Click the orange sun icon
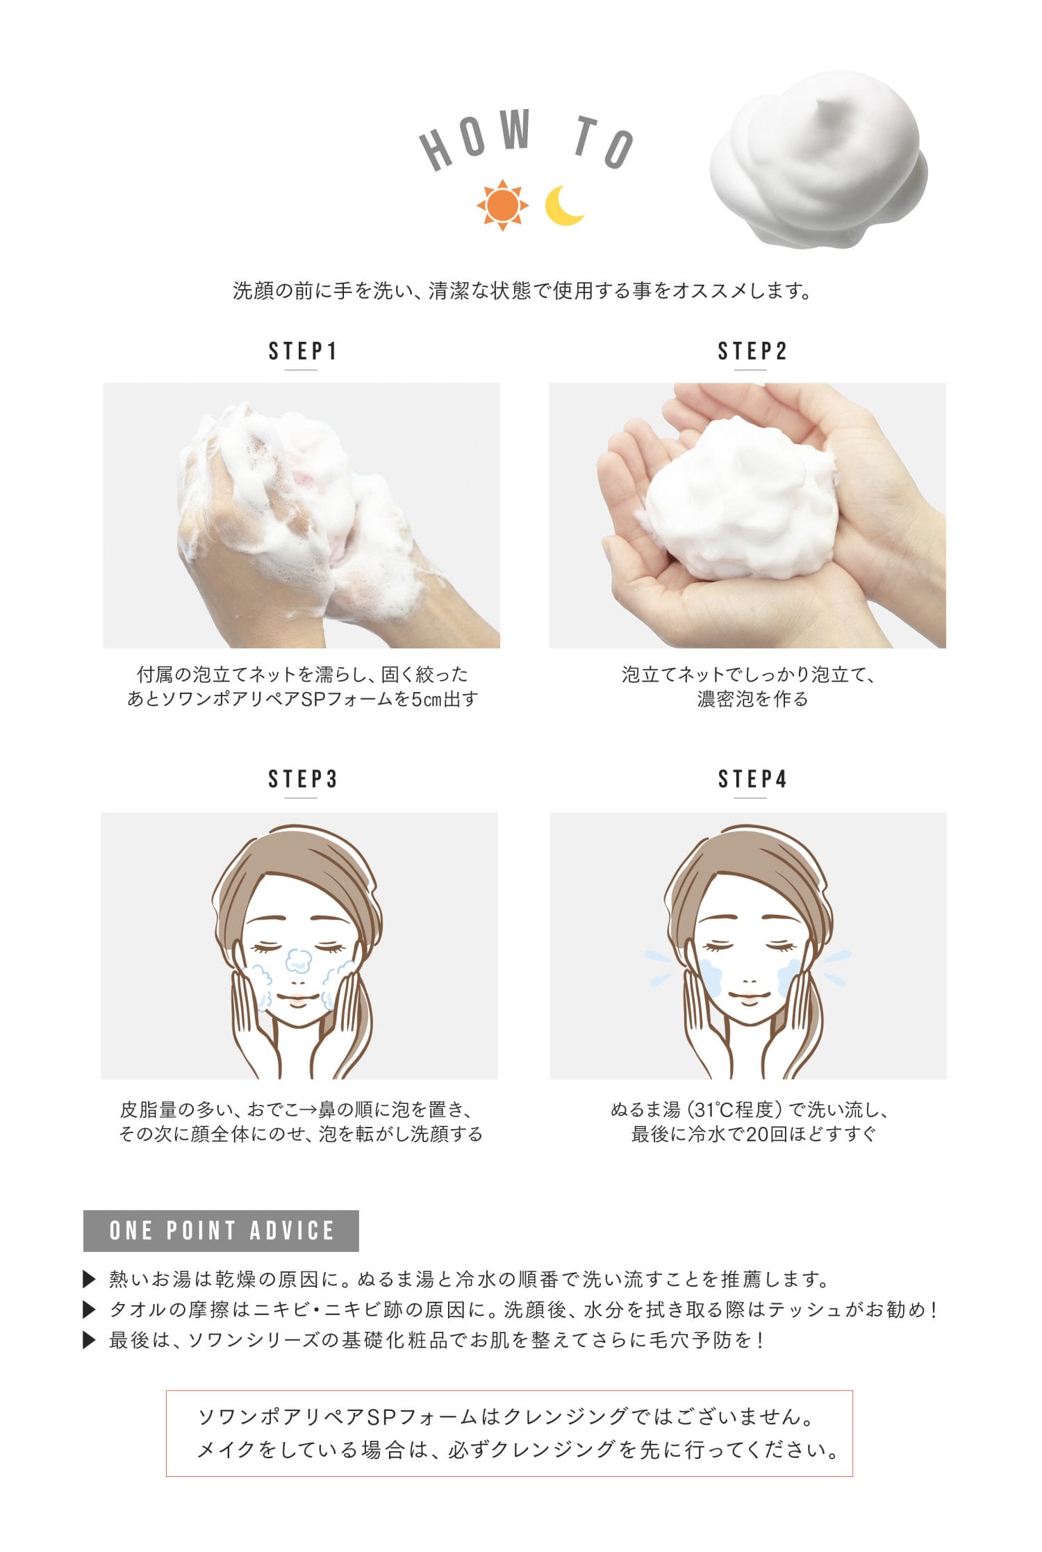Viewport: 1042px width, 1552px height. click(x=502, y=206)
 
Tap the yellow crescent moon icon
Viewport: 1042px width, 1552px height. click(x=563, y=206)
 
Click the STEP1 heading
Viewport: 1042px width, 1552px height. click(x=302, y=352)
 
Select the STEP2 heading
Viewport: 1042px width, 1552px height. click(x=752, y=352)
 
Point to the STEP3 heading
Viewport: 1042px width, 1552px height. click(x=302, y=779)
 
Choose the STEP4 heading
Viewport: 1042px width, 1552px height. click(x=752, y=779)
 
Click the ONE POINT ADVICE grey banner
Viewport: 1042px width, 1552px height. click(x=221, y=1230)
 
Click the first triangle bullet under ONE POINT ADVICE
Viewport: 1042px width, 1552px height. click(x=89, y=1278)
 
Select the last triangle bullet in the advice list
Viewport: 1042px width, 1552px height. click(x=89, y=1339)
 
